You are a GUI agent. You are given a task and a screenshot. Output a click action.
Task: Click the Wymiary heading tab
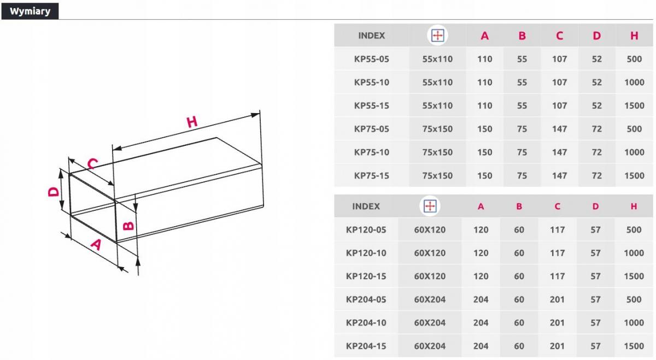pos(30,11)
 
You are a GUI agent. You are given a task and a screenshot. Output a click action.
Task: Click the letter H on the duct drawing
pos(192,122)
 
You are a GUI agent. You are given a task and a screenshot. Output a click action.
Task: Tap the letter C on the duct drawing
pos(93,163)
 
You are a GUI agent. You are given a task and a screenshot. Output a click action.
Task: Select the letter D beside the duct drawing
pos(54,192)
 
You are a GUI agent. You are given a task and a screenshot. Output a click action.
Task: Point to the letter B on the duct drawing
pos(128,226)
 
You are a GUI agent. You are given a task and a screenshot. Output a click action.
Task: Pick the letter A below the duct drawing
pos(96,245)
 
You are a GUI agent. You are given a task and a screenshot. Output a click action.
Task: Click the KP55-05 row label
pos(371,59)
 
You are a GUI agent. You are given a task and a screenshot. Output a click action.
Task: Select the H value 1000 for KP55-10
pos(634,82)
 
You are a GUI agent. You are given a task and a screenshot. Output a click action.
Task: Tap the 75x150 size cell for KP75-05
pos(437,129)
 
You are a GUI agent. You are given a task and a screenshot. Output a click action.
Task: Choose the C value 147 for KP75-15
pos(559,175)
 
